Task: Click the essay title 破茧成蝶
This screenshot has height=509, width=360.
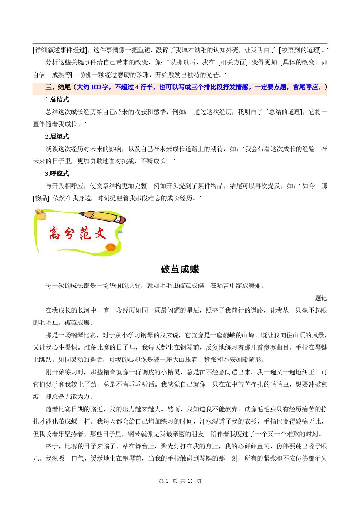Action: click(180, 270)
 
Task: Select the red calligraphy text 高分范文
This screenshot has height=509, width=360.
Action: click(77, 235)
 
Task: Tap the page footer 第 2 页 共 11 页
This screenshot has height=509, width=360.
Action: click(180, 481)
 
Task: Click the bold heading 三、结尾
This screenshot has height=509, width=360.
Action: click(58, 87)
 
